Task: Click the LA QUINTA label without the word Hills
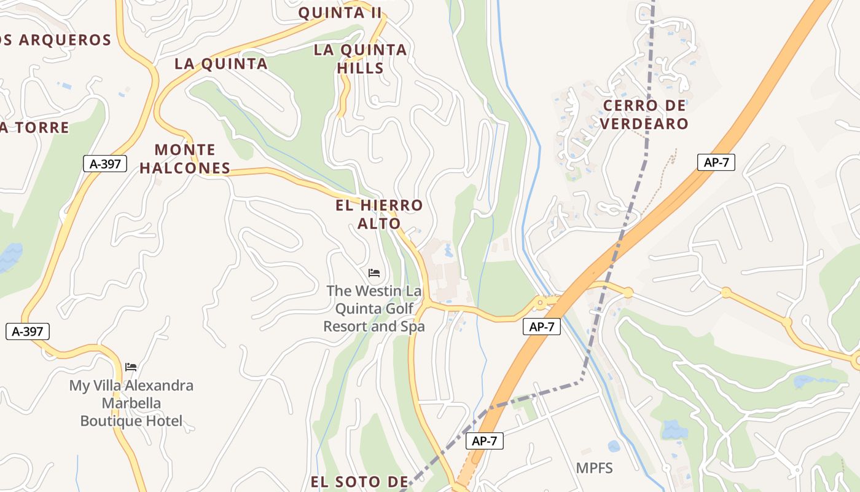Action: pyautogui.click(x=221, y=63)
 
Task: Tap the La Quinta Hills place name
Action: pyautogui.click(x=361, y=58)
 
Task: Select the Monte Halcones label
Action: pyautogui.click(x=185, y=159)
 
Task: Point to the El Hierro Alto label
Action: pyautogui.click(x=380, y=214)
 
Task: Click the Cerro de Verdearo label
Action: pyautogui.click(x=644, y=114)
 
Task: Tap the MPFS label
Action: pyautogui.click(x=595, y=468)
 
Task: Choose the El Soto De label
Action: pyautogui.click(x=359, y=482)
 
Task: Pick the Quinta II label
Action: pyautogui.click(x=340, y=12)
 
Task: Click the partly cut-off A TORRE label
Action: pyautogui.click(x=34, y=128)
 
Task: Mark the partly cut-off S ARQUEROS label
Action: pyautogui.click(x=55, y=41)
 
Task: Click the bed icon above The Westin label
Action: pyautogui.click(x=374, y=272)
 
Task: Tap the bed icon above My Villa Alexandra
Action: pyautogui.click(x=131, y=367)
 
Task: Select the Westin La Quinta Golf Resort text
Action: pyautogui.click(x=374, y=308)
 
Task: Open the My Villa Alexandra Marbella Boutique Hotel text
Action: pyautogui.click(x=131, y=403)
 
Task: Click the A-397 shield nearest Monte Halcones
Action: pyautogui.click(x=105, y=164)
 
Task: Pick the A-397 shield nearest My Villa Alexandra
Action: pyautogui.click(x=28, y=331)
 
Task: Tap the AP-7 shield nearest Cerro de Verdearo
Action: pyautogui.click(x=716, y=162)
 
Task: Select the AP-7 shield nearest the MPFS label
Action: pyautogui.click(x=485, y=440)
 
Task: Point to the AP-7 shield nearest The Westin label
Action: pyautogui.click(x=542, y=327)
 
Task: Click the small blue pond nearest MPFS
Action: pyautogui.click(x=614, y=446)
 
